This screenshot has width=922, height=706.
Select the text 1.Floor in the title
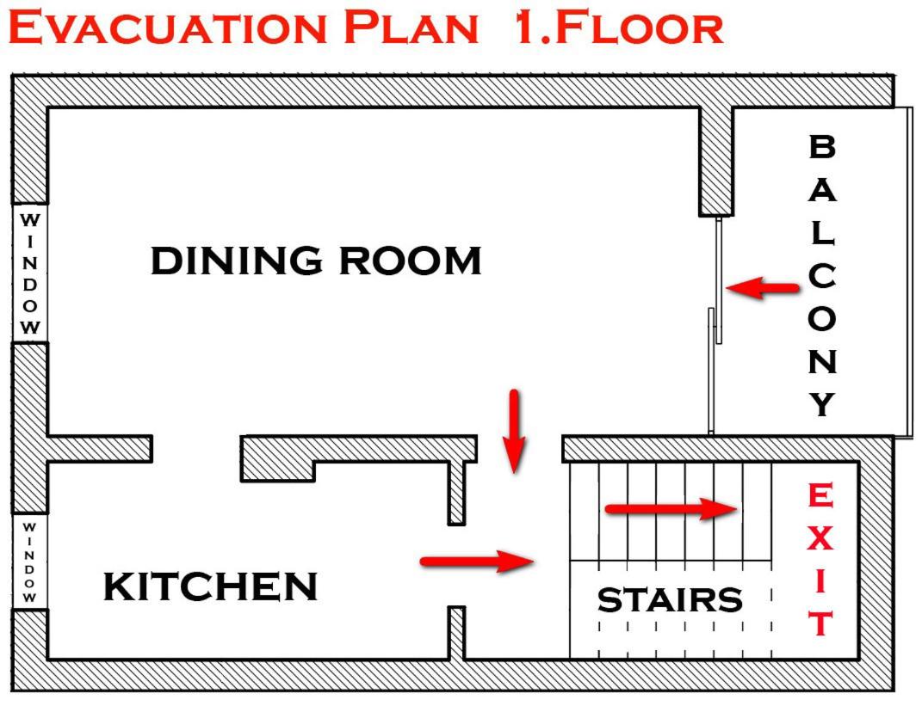coord(619,27)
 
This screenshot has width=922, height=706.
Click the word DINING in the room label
coord(237,261)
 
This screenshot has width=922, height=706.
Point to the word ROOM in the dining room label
coord(411,261)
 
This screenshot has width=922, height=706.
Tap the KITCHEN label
coord(211,586)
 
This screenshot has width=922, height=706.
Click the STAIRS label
coord(670,599)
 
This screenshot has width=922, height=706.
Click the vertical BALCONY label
coord(822,275)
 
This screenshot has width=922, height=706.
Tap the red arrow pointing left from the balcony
coord(763,288)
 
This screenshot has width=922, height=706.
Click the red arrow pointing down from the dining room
coord(515,431)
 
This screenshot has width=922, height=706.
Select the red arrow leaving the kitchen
coord(477,562)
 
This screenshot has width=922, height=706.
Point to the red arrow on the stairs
coord(671,509)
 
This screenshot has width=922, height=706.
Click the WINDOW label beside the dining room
coord(30,273)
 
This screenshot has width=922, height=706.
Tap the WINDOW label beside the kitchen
coord(29,562)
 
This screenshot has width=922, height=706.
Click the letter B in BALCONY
coord(822,146)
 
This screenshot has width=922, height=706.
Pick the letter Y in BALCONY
coord(822,405)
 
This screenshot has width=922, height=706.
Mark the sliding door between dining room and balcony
coord(715,326)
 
